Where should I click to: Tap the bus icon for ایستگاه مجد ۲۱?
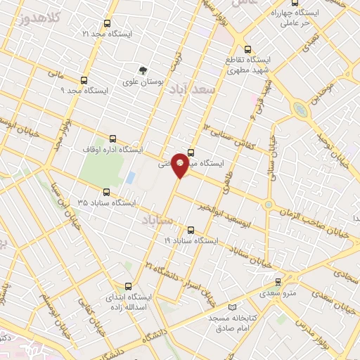tap(107, 22)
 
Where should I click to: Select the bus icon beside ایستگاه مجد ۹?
tap(84, 79)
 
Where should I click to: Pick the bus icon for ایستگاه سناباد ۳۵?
tap(107, 191)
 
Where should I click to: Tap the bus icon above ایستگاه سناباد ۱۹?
tap(191, 229)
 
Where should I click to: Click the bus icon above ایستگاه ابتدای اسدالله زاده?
tap(127, 286)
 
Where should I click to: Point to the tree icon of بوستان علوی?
tap(143, 70)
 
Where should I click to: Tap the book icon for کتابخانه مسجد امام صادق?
tap(233, 307)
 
